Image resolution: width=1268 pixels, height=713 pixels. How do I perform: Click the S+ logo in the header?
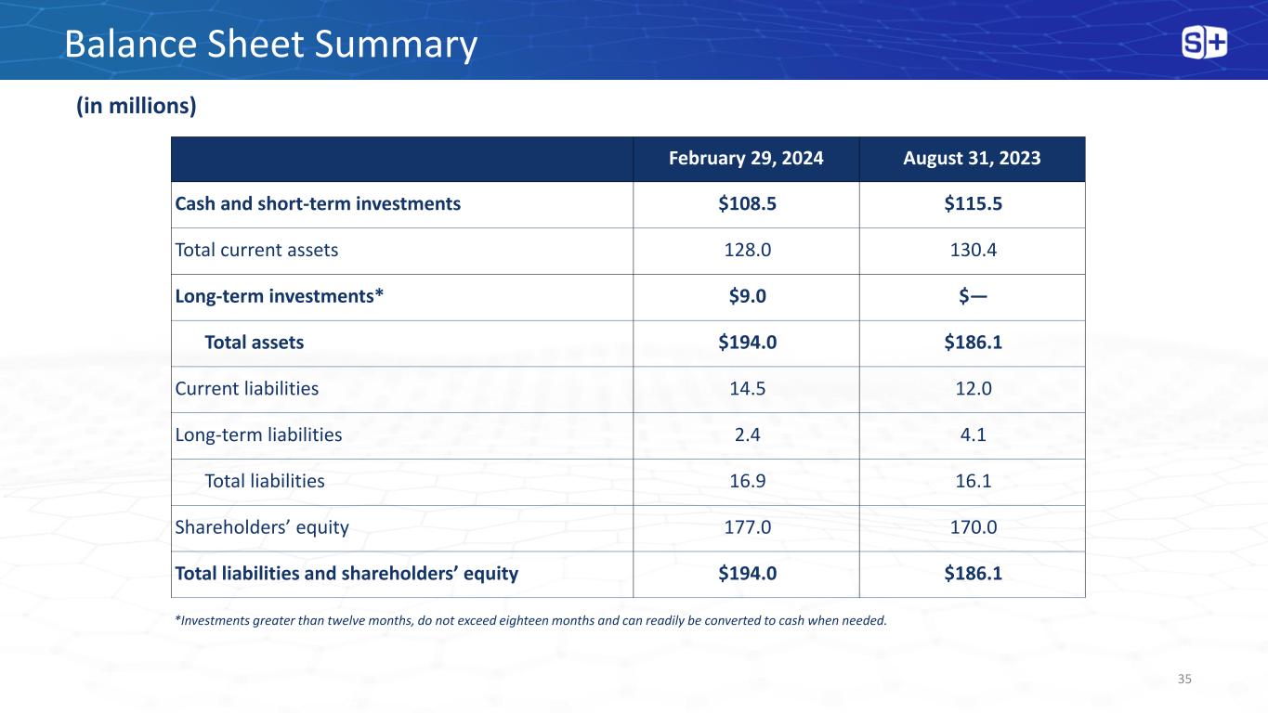(1204, 43)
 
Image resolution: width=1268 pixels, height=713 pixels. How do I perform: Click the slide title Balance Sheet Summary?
(270, 45)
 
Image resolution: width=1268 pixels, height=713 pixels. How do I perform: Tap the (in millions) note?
(137, 106)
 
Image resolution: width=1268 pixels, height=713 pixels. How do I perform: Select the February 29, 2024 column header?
(746, 159)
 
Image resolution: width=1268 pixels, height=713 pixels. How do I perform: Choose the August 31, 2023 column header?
(972, 159)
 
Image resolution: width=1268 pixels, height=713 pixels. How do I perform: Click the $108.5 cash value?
(747, 203)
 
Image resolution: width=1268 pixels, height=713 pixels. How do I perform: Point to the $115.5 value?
(974, 203)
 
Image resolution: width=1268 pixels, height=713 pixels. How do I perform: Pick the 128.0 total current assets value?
(747, 250)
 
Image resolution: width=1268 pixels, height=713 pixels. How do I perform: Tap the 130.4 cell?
(974, 250)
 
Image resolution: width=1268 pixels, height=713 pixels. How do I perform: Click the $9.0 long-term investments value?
(747, 296)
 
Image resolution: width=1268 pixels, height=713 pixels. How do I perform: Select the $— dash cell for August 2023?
(974, 296)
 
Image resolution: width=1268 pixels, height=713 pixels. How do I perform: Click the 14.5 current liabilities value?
(747, 389)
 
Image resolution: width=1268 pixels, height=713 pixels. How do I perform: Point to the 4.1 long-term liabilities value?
(974, 434)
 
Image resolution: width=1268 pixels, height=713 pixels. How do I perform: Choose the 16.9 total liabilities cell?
(747, 481)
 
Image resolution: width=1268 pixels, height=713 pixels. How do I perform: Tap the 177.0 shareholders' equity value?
(747, 527)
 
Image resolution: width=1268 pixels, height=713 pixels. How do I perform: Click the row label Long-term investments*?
(279, 296)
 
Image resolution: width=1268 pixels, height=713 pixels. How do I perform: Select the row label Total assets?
(255, 343)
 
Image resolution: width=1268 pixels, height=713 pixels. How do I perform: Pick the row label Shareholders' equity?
(262, 527)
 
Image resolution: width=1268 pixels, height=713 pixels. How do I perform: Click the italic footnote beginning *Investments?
(531, 621)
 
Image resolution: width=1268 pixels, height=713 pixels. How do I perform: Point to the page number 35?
(1184, 679)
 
